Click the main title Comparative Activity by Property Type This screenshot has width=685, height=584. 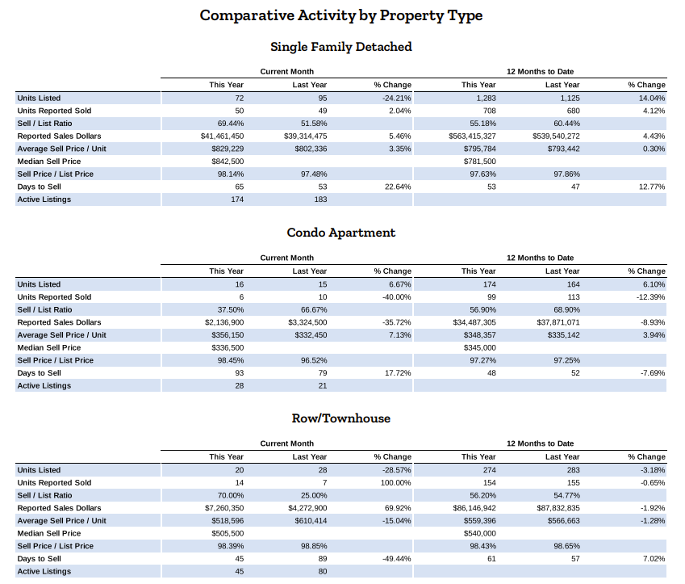pos(341,15)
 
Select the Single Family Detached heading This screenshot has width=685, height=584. pos(341,47)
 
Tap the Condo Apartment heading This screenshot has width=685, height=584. pos(341,233)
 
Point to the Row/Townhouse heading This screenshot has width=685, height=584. pos(341,418)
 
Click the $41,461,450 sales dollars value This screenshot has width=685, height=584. pos(223,136)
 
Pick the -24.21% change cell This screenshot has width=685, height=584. pos(397,98)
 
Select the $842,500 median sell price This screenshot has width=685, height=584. pos(228,162)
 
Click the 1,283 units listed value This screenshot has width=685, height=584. pos(487,98)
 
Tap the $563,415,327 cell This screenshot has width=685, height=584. pos(472,136)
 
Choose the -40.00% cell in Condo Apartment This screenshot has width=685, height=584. pos(397,297)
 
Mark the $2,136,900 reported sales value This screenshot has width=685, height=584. pos(224,322)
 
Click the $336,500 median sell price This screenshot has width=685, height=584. pos(228,348)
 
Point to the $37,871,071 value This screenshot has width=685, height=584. pos(558,322)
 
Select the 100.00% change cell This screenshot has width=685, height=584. pos(396,482)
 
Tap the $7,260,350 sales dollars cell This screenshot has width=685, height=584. pos(224,508)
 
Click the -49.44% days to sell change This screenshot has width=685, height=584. pos(397,559)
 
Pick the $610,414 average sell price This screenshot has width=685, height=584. pos(311,520)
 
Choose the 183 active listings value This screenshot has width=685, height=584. pos(320,200)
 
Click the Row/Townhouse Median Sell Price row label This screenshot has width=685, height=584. pos(49,533)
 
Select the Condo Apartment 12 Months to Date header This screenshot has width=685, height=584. pos(540,258)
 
